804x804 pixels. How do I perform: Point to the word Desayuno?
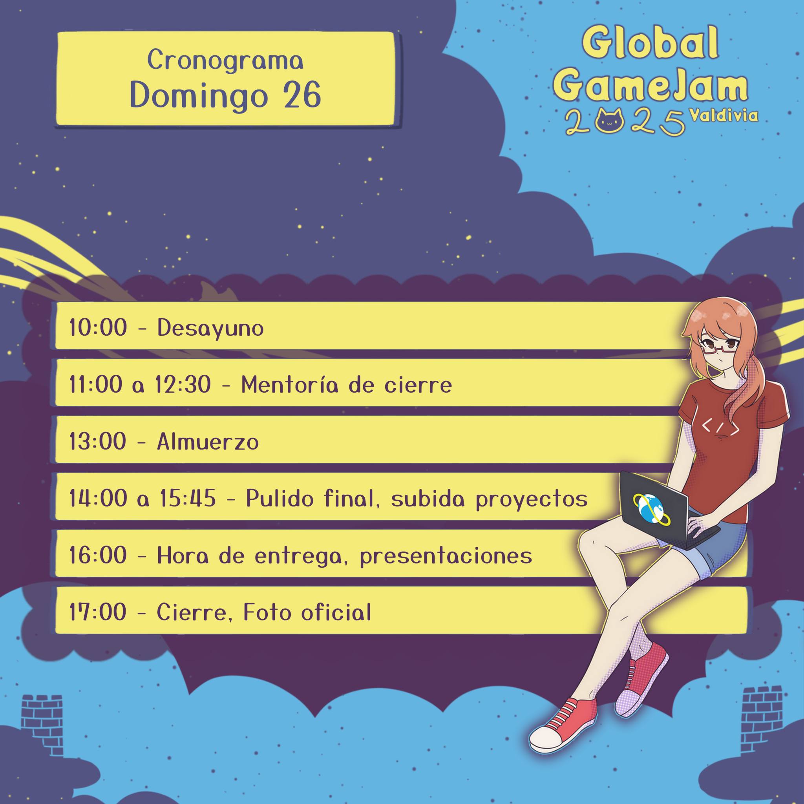click(x=210, y=328)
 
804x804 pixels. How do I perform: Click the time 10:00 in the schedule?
click(x=98, y=328)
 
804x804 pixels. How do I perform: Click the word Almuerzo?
click(x=208, y=442)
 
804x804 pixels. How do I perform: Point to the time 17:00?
click(x=98, y=612)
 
